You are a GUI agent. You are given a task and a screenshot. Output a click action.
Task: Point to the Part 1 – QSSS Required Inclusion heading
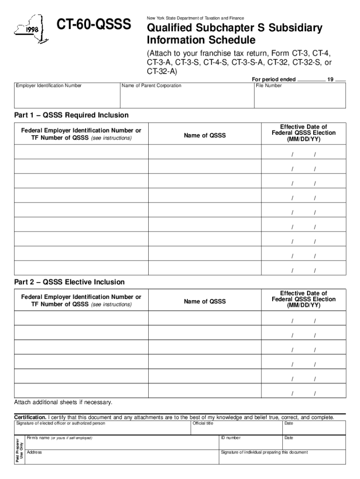[x=71, y=115]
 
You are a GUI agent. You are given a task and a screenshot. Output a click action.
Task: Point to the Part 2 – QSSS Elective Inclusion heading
[x=69, y=282]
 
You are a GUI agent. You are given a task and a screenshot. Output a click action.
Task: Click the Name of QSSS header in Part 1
[x=204, y=136]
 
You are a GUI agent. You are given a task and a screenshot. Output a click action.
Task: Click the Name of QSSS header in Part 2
[x=204, y=302]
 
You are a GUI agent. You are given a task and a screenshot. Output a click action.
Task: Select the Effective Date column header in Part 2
[x=303, y=299]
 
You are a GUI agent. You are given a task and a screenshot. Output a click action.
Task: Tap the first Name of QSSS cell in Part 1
[x=205, y=152]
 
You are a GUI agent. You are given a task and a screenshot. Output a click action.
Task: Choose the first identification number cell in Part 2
[x=81, y=318]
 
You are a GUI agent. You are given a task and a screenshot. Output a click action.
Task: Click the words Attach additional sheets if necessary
[x=63, y=403]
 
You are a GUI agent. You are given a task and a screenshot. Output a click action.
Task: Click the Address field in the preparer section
[x=122, y=458]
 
